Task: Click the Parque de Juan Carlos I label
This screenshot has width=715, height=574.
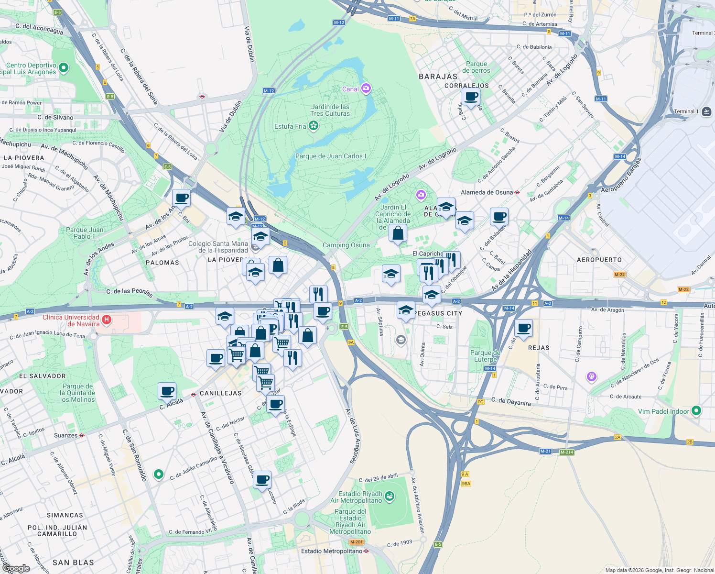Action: coord(330,156)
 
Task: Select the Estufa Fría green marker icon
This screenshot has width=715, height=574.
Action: coord(314,126)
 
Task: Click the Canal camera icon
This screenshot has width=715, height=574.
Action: coord(366,88)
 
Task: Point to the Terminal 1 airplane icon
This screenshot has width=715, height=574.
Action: coord(706,111)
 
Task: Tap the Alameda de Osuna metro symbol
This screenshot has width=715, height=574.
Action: coord(517,192)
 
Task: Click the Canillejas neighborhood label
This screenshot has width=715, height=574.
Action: coord(220,393)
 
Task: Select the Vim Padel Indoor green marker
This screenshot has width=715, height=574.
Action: coord(696,411)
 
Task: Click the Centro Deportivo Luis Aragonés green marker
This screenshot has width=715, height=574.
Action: coord(63,68)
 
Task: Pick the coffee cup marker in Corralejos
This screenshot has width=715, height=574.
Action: coord(471,96)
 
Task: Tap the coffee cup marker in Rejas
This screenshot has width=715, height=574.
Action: coord(524,328)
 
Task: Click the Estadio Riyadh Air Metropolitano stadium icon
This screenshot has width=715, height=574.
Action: coord(390,497)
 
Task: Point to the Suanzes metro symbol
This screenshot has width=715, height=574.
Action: coord(82,435)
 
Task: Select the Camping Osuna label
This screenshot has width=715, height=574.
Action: coord(346,245)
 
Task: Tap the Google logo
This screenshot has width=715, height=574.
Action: coord(16,568)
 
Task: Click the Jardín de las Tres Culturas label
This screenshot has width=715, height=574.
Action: coord(330,110)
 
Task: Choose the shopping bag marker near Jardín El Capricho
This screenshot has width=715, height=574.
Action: coord(398,233)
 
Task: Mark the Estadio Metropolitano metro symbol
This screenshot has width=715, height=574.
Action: coord(366,551)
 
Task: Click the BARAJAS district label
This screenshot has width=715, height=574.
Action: coord(438,77)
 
